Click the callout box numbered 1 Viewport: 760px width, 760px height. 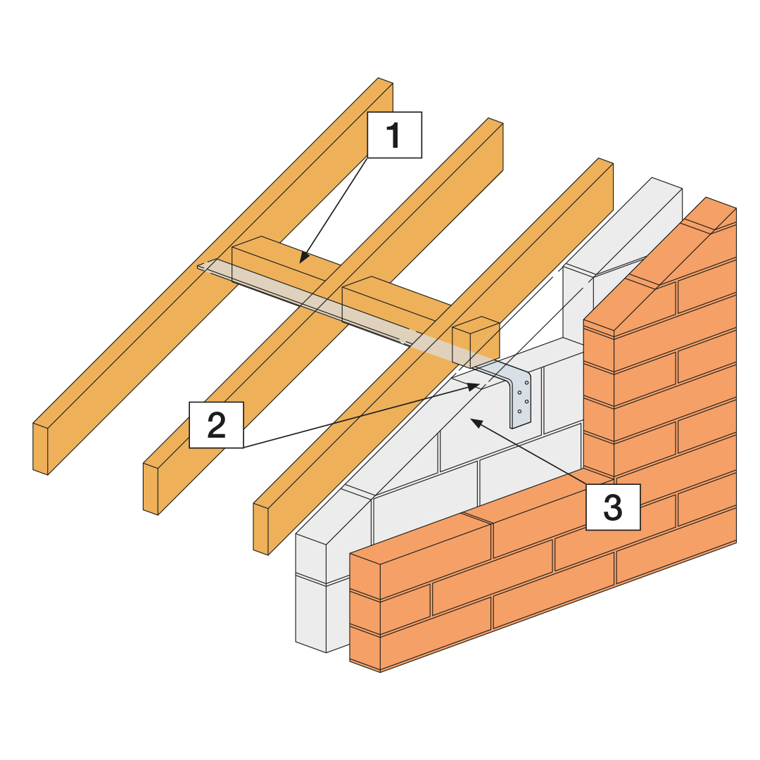coord(394,134)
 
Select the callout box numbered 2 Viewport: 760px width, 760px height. coord(216,425)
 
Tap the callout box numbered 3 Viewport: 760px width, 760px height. coord(613,507)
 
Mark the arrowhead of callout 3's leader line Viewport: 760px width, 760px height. coord(474,420)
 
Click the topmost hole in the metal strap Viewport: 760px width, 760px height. coord(526,382)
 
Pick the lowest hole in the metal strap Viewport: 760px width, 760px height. coord(519,411)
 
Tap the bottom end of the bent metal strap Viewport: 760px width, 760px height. coord(521,424)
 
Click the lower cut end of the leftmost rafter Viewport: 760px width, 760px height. coord(41,448)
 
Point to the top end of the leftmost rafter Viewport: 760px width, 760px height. coord(385,82)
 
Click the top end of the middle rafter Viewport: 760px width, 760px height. coord(495,122)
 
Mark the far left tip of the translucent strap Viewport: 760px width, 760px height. coord(200,266)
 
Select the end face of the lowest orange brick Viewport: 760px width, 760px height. coord(365,647)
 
